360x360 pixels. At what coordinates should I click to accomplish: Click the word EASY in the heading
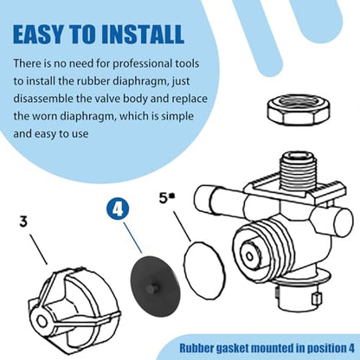point(37,35)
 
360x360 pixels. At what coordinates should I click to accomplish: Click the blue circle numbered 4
point(118,209)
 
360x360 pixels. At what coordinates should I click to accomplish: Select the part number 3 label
point(24,222)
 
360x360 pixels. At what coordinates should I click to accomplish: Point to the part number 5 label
point(164,198)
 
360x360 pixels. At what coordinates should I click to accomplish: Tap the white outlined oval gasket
point(204,270)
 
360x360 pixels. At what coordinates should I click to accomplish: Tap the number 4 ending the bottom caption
point(350,348)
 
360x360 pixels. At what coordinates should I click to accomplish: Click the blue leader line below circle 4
point(132,237)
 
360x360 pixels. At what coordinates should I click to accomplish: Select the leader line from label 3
point(38,249)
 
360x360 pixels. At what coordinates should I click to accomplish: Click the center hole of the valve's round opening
point(248,255)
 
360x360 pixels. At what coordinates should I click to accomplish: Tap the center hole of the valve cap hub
point(42,321)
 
